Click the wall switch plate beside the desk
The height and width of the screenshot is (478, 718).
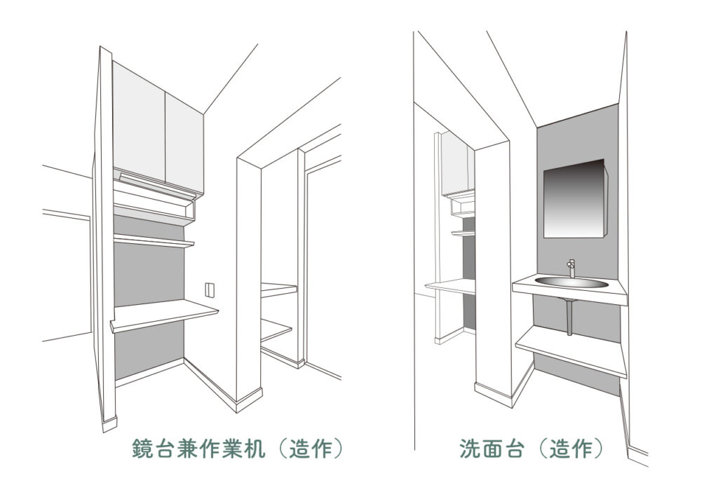209,290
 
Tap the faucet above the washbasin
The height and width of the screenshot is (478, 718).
571,268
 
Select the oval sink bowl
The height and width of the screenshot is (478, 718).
571,282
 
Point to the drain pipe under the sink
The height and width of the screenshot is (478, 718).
569,317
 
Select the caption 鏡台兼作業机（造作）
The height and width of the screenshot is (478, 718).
237,449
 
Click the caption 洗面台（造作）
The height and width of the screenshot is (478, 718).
531,449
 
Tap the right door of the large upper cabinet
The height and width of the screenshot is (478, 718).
184,143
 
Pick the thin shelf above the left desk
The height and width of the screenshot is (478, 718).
154,240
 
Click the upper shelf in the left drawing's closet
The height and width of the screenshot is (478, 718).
279,290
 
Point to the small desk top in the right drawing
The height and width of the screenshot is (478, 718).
450,287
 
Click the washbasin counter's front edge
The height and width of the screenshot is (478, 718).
569,295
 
